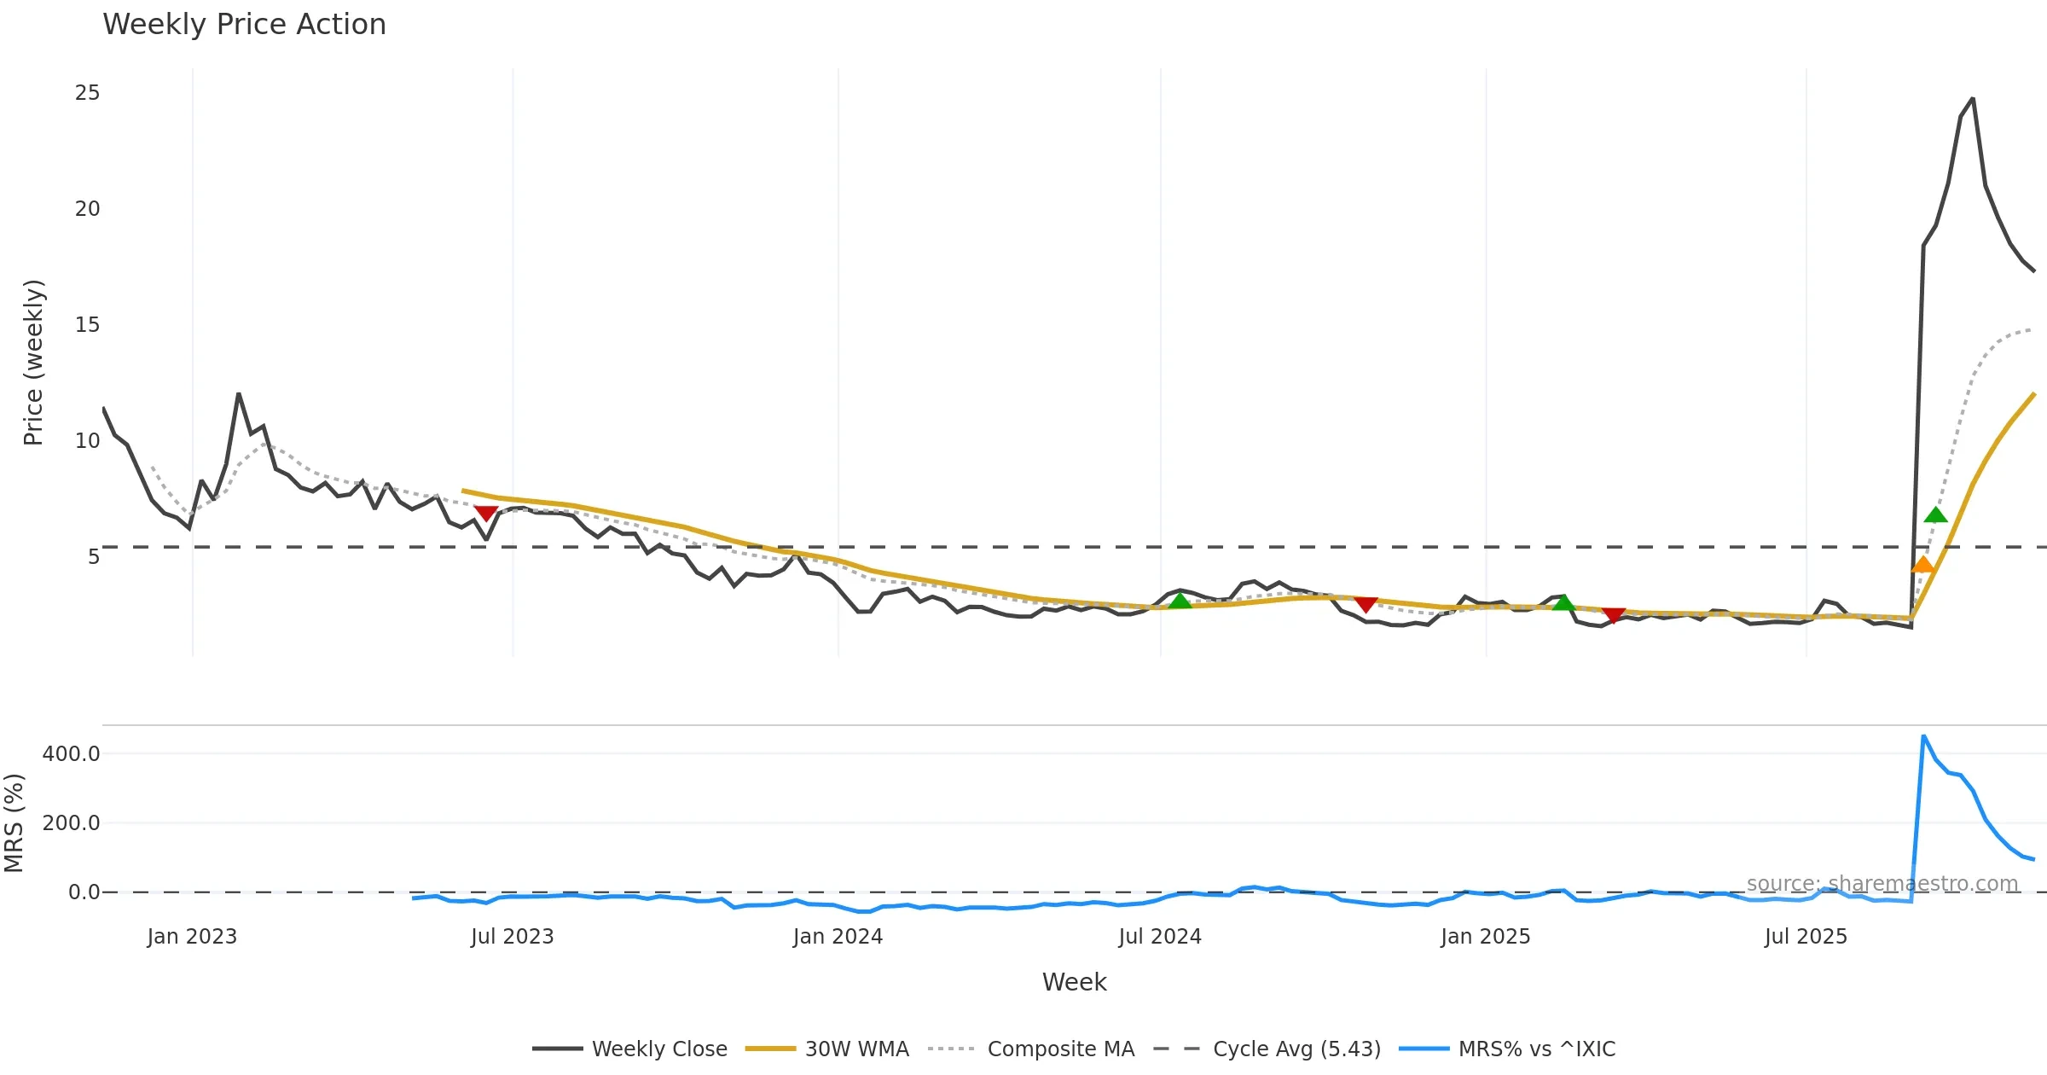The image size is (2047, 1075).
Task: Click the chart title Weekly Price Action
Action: [x=244, y=25]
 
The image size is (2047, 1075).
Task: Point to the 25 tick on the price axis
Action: [x=87, y=93]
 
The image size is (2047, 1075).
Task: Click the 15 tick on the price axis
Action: [x=87, y=325]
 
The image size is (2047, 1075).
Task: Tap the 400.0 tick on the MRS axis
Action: [x=71, y=754]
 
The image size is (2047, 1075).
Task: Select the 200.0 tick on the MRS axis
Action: [x=71, y=823]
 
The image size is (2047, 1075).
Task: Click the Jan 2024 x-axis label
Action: [x=838, y=937]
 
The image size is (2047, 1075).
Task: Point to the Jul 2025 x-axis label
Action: [x=1806, y=937]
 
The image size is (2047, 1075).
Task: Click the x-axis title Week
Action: [x=1074, y=983]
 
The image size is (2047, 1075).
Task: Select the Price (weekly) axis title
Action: [x=32, y=363]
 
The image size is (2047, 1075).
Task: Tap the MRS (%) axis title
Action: [x=14, y=823]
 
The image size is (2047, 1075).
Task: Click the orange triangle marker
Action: [x=1922, y=565]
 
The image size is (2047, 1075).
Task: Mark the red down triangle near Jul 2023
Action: [x=485, y=513]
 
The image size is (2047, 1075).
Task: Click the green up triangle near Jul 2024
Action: [x=1180, y=601]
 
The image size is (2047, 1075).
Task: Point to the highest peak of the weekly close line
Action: [x=1972, y=99]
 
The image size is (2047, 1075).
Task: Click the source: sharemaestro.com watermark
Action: [x=1882, y=884]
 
